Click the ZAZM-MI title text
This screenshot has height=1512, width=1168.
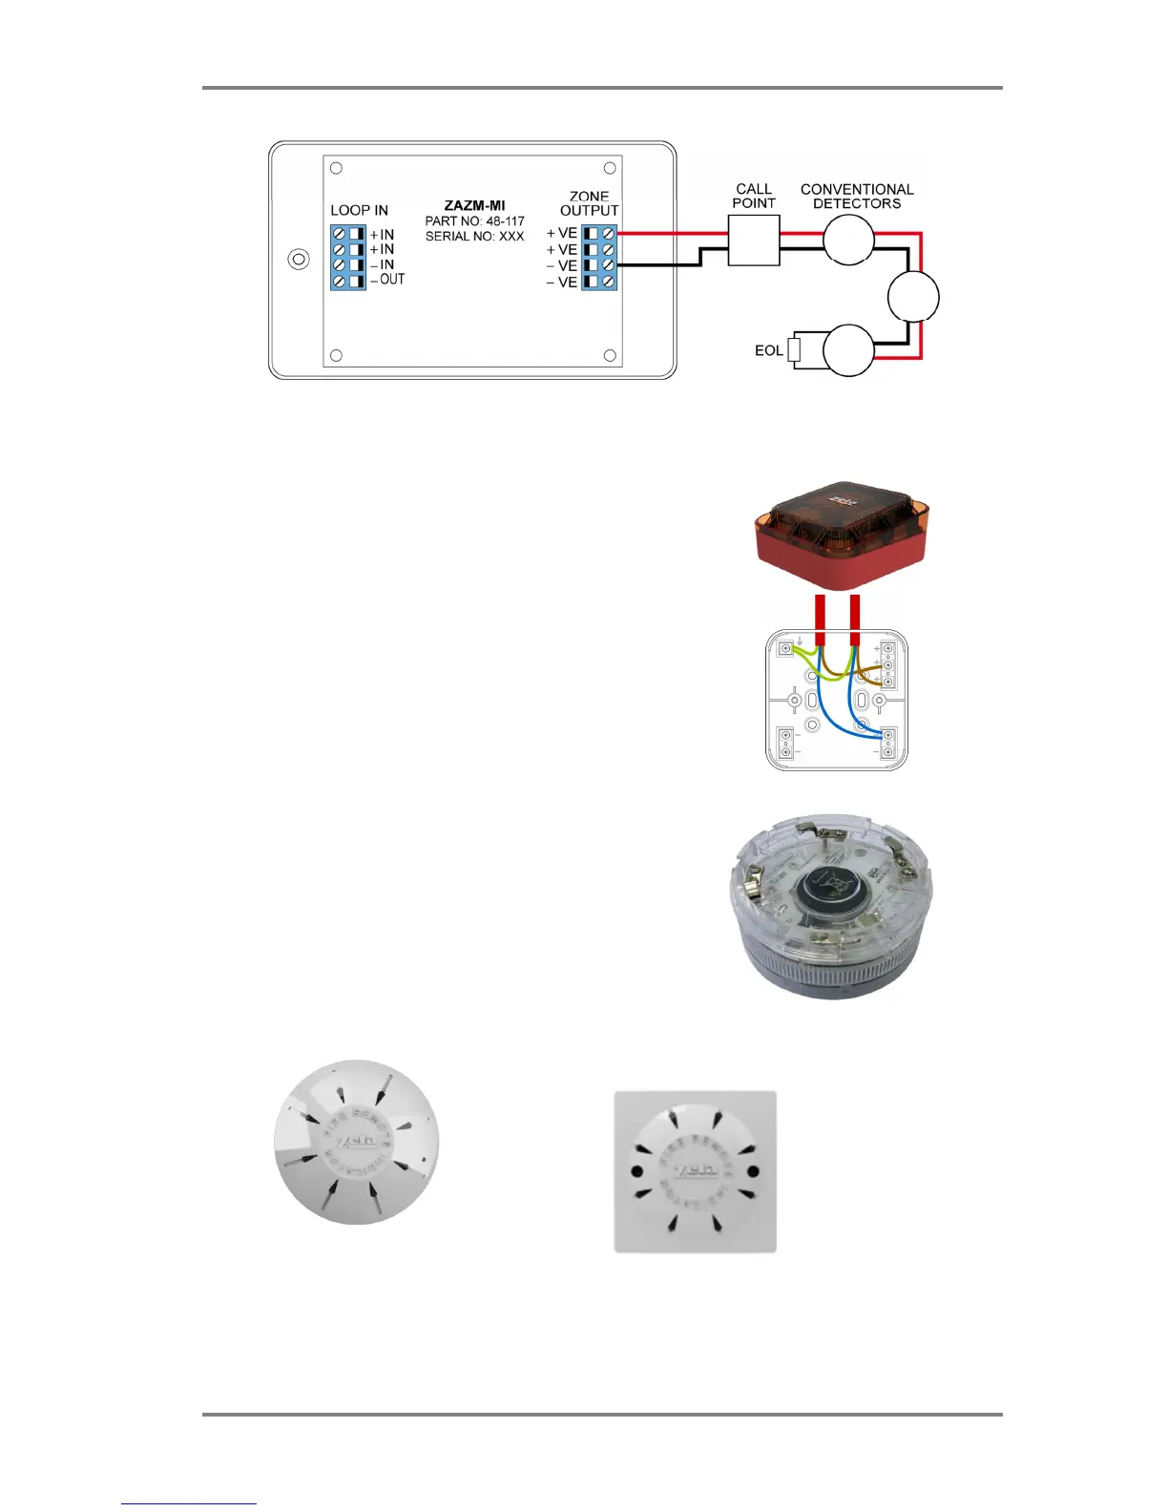[x=474, y=205]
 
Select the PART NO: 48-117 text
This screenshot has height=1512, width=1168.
[x=474, y=220]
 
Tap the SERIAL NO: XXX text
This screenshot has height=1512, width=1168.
[x=474, y=236]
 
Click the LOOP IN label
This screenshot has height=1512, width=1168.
[x=359, y=210]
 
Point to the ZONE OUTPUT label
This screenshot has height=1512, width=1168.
[x=589, y=203]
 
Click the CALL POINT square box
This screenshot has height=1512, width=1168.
[x=754, y=240]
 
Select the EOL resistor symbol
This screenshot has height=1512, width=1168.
[x=793, y=351]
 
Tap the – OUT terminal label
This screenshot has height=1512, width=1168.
[x=387, y=280]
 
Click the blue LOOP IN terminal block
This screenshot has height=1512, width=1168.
[x=348, y=257]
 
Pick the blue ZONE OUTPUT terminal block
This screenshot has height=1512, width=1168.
[x=599, y=257]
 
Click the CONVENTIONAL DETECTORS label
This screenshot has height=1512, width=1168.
[x=857, y=196]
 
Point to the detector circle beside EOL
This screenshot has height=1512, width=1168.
[x=848, y=350]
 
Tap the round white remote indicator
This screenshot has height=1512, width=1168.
[x=355, y=1142]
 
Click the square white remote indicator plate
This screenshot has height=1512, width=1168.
[x=695, y=1171]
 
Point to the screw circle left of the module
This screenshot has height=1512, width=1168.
[x=299, y=260]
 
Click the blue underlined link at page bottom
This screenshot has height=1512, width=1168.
[x=189, y=1503]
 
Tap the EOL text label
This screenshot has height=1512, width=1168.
[x=768, y=351]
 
